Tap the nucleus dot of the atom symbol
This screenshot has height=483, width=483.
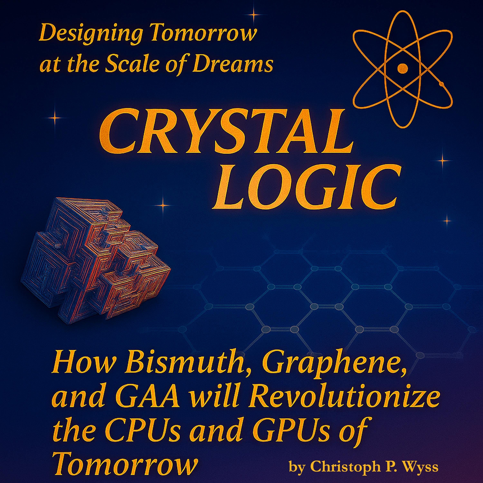tap(402, 67)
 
